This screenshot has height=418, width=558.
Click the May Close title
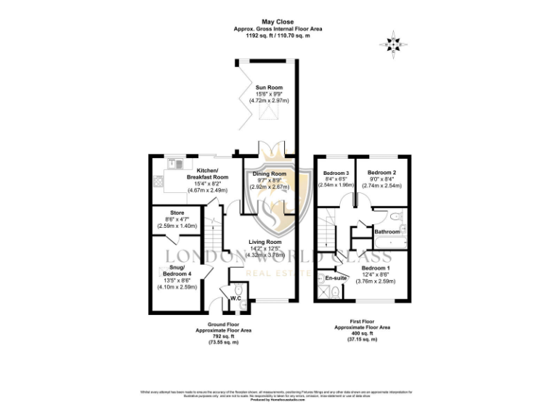278,22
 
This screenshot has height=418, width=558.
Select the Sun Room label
268,88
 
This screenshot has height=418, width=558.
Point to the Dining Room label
270,174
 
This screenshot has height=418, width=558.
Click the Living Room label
265,242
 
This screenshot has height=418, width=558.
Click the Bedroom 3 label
336,173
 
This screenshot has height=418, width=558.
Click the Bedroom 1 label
377,267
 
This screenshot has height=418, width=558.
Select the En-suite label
334,278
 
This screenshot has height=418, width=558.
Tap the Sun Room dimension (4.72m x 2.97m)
268,101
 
